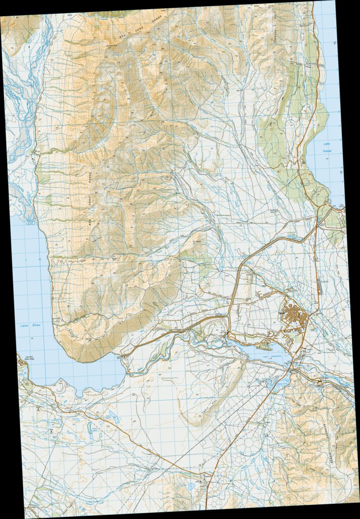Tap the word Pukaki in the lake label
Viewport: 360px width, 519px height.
pos(326,150)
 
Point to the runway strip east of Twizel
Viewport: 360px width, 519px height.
pos(319,285)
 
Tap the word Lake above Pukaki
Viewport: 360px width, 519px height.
pos(326,144)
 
